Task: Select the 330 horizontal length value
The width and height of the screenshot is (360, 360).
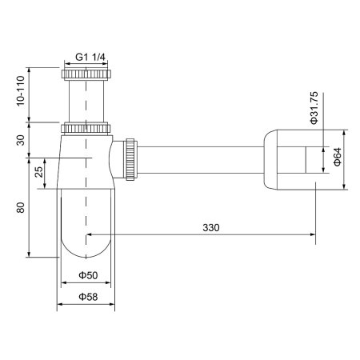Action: coord(210,228)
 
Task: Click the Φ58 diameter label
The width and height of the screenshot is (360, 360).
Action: coord(88,298)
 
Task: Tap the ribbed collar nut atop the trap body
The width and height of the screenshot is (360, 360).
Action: coord(86,127)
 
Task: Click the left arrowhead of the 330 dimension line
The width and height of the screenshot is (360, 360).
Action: coord(89,235)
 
